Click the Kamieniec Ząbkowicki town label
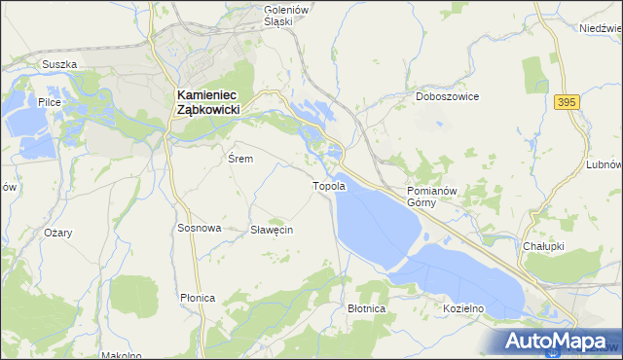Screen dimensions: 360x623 pos(214,102)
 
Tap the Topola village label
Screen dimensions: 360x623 pos(328,186)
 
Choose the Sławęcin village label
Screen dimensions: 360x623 pos(272,230)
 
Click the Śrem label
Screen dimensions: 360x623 pos(240,159)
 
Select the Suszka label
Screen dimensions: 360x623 pos(58,65)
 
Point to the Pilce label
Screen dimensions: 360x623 pos(50,101)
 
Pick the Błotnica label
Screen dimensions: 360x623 pos(367,308)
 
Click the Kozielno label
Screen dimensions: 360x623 pos(462,308)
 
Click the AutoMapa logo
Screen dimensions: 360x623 pos(558,341)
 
